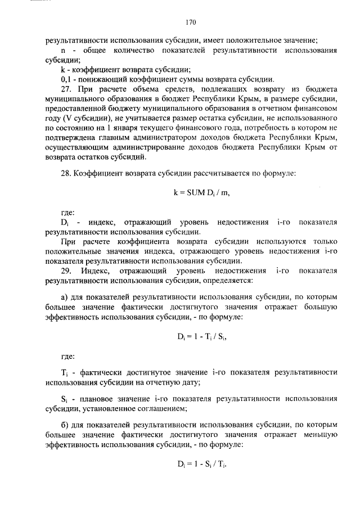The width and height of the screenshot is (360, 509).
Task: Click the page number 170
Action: point(190,22)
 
